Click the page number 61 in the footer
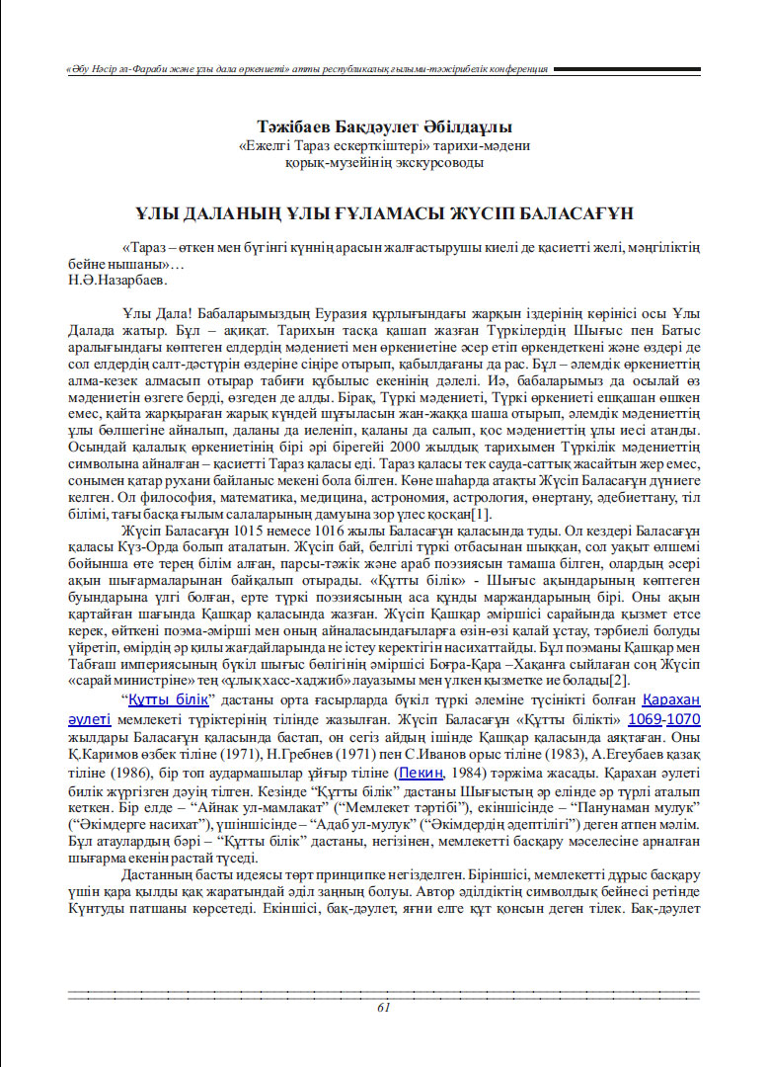[384, 1007]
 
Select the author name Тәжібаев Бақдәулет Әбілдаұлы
[384, 127]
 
